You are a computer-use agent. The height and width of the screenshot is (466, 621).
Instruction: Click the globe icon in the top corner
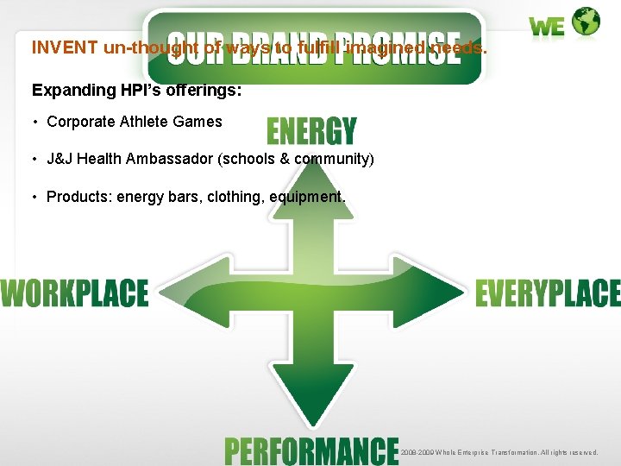586,22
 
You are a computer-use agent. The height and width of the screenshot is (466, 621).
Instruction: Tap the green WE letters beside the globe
548,27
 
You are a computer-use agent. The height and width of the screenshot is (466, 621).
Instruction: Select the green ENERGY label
311,131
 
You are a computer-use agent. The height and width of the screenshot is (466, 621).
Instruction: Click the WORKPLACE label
74,293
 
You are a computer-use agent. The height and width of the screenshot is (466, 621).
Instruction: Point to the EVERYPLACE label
548,293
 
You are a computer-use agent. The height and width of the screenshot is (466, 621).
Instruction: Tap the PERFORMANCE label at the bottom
311,450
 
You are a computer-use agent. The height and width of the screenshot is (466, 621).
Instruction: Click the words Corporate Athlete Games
135,122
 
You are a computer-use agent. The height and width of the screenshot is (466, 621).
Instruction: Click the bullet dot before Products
35,197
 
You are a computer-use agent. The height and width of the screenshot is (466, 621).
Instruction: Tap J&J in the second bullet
60,159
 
